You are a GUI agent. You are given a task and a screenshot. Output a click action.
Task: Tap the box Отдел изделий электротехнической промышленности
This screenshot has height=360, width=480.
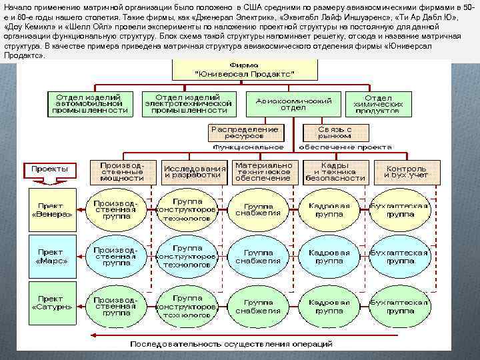189,103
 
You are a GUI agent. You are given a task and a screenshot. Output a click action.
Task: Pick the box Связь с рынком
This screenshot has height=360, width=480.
335,131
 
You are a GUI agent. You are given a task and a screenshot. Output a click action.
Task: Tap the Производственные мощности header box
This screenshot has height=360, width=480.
122,171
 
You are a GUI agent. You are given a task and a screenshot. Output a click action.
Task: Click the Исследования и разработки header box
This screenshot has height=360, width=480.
195,171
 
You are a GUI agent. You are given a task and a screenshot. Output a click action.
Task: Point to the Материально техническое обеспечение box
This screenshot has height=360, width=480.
263,171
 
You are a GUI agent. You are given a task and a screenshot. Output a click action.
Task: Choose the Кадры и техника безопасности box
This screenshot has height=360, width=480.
333,171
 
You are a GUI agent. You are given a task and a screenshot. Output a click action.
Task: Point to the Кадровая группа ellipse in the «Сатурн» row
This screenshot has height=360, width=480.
329,307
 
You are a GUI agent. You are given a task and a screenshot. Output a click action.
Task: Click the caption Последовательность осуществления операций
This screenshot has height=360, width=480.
231,344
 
